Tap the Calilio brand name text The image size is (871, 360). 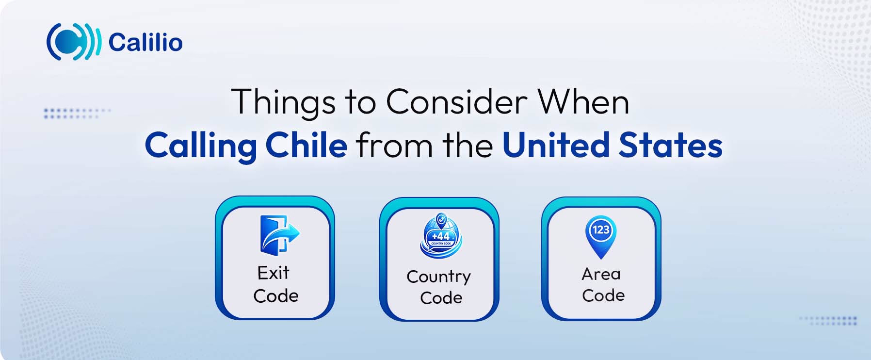pos(145,42)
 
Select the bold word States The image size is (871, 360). pos(670,145)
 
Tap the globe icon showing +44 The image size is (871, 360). pos(441,236)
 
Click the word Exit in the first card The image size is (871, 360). pos(273,273)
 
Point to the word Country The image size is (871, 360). pos(438,277)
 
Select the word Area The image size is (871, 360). pos(601,274)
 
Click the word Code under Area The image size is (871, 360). pos(603,295)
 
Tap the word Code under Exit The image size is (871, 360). pos(275,295)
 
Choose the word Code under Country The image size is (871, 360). pos(441,297)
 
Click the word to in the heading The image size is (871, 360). pos(360,102)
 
